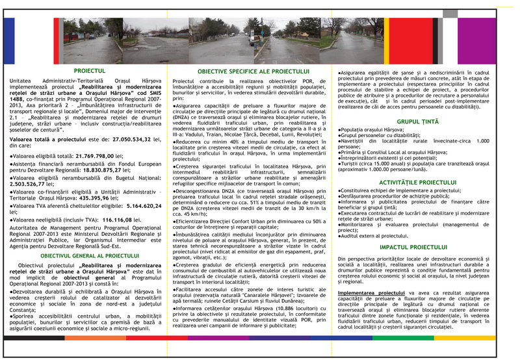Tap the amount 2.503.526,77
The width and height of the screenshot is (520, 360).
pos(36,182)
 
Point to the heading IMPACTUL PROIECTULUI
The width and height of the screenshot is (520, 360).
pos(424,248)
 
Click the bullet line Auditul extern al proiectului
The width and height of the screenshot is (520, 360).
pos(380,236)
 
